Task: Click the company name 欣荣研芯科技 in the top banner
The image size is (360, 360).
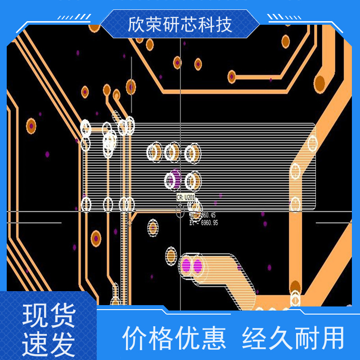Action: (x=180, y=25)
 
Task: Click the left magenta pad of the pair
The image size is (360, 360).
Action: (x=186, y=266)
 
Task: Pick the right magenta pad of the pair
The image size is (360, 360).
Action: (x=198, y=266)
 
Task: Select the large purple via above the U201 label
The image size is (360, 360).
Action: (x=175, y=179)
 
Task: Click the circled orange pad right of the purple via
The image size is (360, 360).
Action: (x=193, y=181)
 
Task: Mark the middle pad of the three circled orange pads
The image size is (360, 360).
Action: (x=172, y=152)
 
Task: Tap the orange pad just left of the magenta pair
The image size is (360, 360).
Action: (x=171, y=256)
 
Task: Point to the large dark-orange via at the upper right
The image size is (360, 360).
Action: (x=319, y=82)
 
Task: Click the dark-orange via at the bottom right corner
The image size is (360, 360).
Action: (x=295, y=287)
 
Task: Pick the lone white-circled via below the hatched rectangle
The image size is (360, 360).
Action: (x=153, y=228)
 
